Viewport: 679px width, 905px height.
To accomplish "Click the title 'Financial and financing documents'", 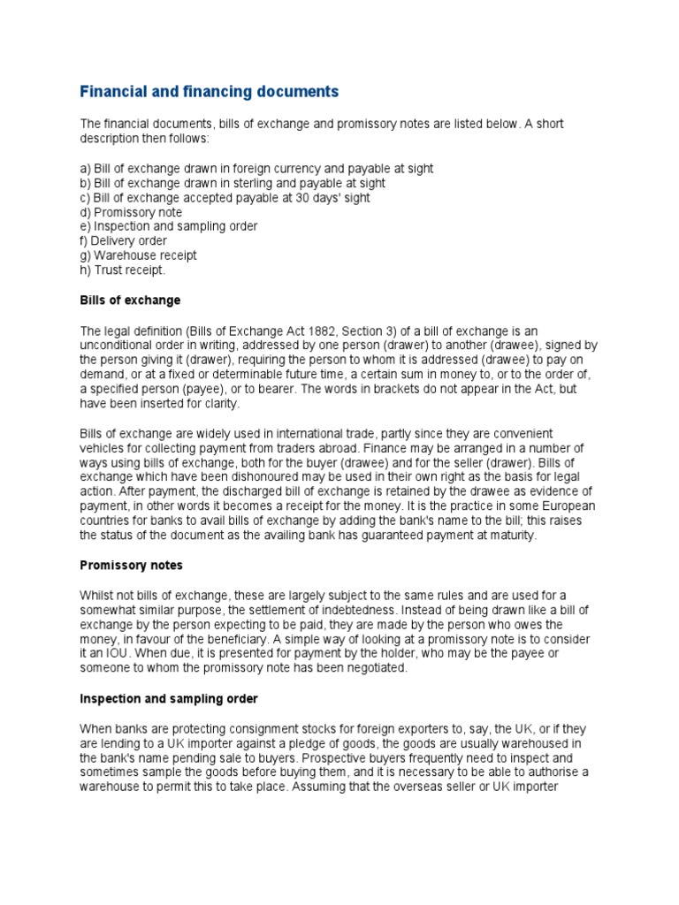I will (210, 91).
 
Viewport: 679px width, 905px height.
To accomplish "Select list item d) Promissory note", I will (131, 212).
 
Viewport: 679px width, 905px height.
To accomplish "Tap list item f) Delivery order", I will (124, 240).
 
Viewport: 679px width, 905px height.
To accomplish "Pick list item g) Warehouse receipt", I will (138, 255).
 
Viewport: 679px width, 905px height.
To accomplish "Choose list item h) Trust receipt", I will (123, 270).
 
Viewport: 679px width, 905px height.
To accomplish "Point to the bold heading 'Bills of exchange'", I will (130, 300).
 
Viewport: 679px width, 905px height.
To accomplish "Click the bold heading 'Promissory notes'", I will (131, 565).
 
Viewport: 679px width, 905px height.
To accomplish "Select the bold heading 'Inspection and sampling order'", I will (169, 698).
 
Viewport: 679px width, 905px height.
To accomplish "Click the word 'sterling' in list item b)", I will (231, 183).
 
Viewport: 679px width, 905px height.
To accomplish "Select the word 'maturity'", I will (533, 535).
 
